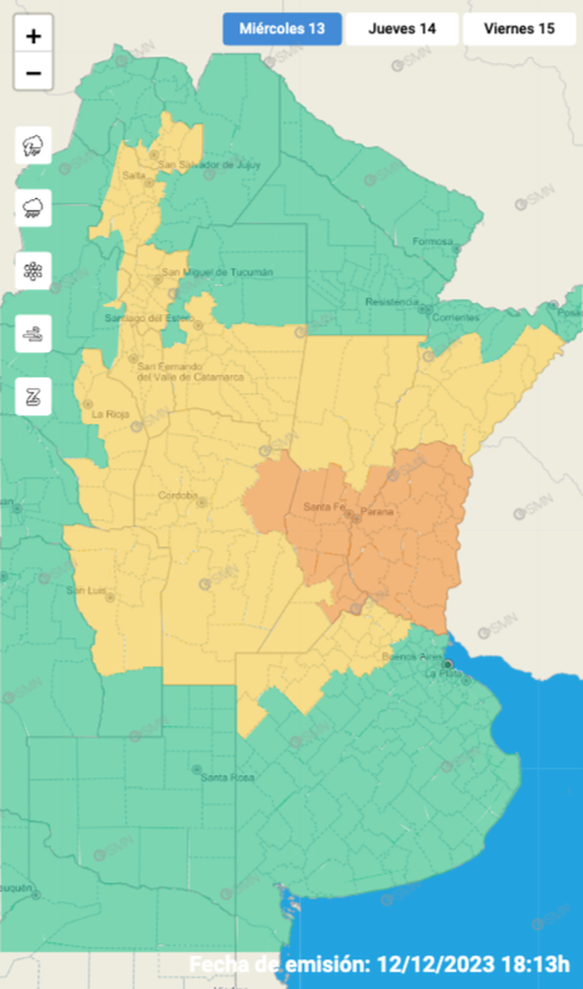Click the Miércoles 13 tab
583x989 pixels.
tap(282, 29)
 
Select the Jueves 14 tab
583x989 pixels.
tap(401, 29)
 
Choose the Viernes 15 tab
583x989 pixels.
tap(519, 29)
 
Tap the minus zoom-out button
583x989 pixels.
tap(33, 73)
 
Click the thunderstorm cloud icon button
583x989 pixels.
tap(33, 145)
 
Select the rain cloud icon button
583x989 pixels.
tap(33, 208)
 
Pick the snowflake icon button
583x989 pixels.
tap(33, 270)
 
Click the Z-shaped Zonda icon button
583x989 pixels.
tap(33, 396)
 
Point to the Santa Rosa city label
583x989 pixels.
tap(227, 778)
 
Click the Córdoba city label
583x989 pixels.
tap(179, 495)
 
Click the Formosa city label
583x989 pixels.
tap(431, 241)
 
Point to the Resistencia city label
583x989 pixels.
tap(392, 302)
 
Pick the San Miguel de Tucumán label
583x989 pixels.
tap(218, 272)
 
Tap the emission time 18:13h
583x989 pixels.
tap(543, 963)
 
